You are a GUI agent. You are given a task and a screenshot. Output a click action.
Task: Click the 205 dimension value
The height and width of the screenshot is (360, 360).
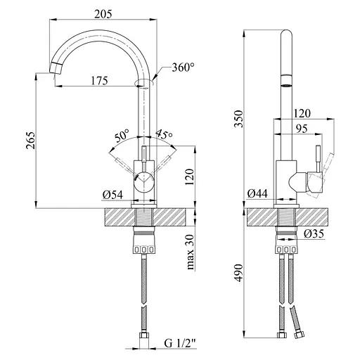click(x=103, y=14)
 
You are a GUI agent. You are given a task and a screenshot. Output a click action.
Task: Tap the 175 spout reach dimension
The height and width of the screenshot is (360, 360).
click(x=99, y=80)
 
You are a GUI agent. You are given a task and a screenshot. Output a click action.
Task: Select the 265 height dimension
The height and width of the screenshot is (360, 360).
click(x=31, y=141)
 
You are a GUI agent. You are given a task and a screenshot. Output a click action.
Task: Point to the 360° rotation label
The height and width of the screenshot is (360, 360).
click(x=183, y=67)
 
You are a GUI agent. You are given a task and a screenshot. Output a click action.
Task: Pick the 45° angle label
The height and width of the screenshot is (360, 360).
click(x=164, y=134)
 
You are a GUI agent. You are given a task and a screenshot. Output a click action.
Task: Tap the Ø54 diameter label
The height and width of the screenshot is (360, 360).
click(x=112, y=195)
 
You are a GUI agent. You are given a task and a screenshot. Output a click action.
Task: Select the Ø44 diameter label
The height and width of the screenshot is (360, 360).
click(x=257, y=193)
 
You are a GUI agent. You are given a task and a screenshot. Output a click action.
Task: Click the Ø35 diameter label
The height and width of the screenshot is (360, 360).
click(x=314, y=233)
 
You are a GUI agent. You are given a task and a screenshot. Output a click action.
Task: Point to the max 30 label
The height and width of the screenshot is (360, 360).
click(x=191, y=252)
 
